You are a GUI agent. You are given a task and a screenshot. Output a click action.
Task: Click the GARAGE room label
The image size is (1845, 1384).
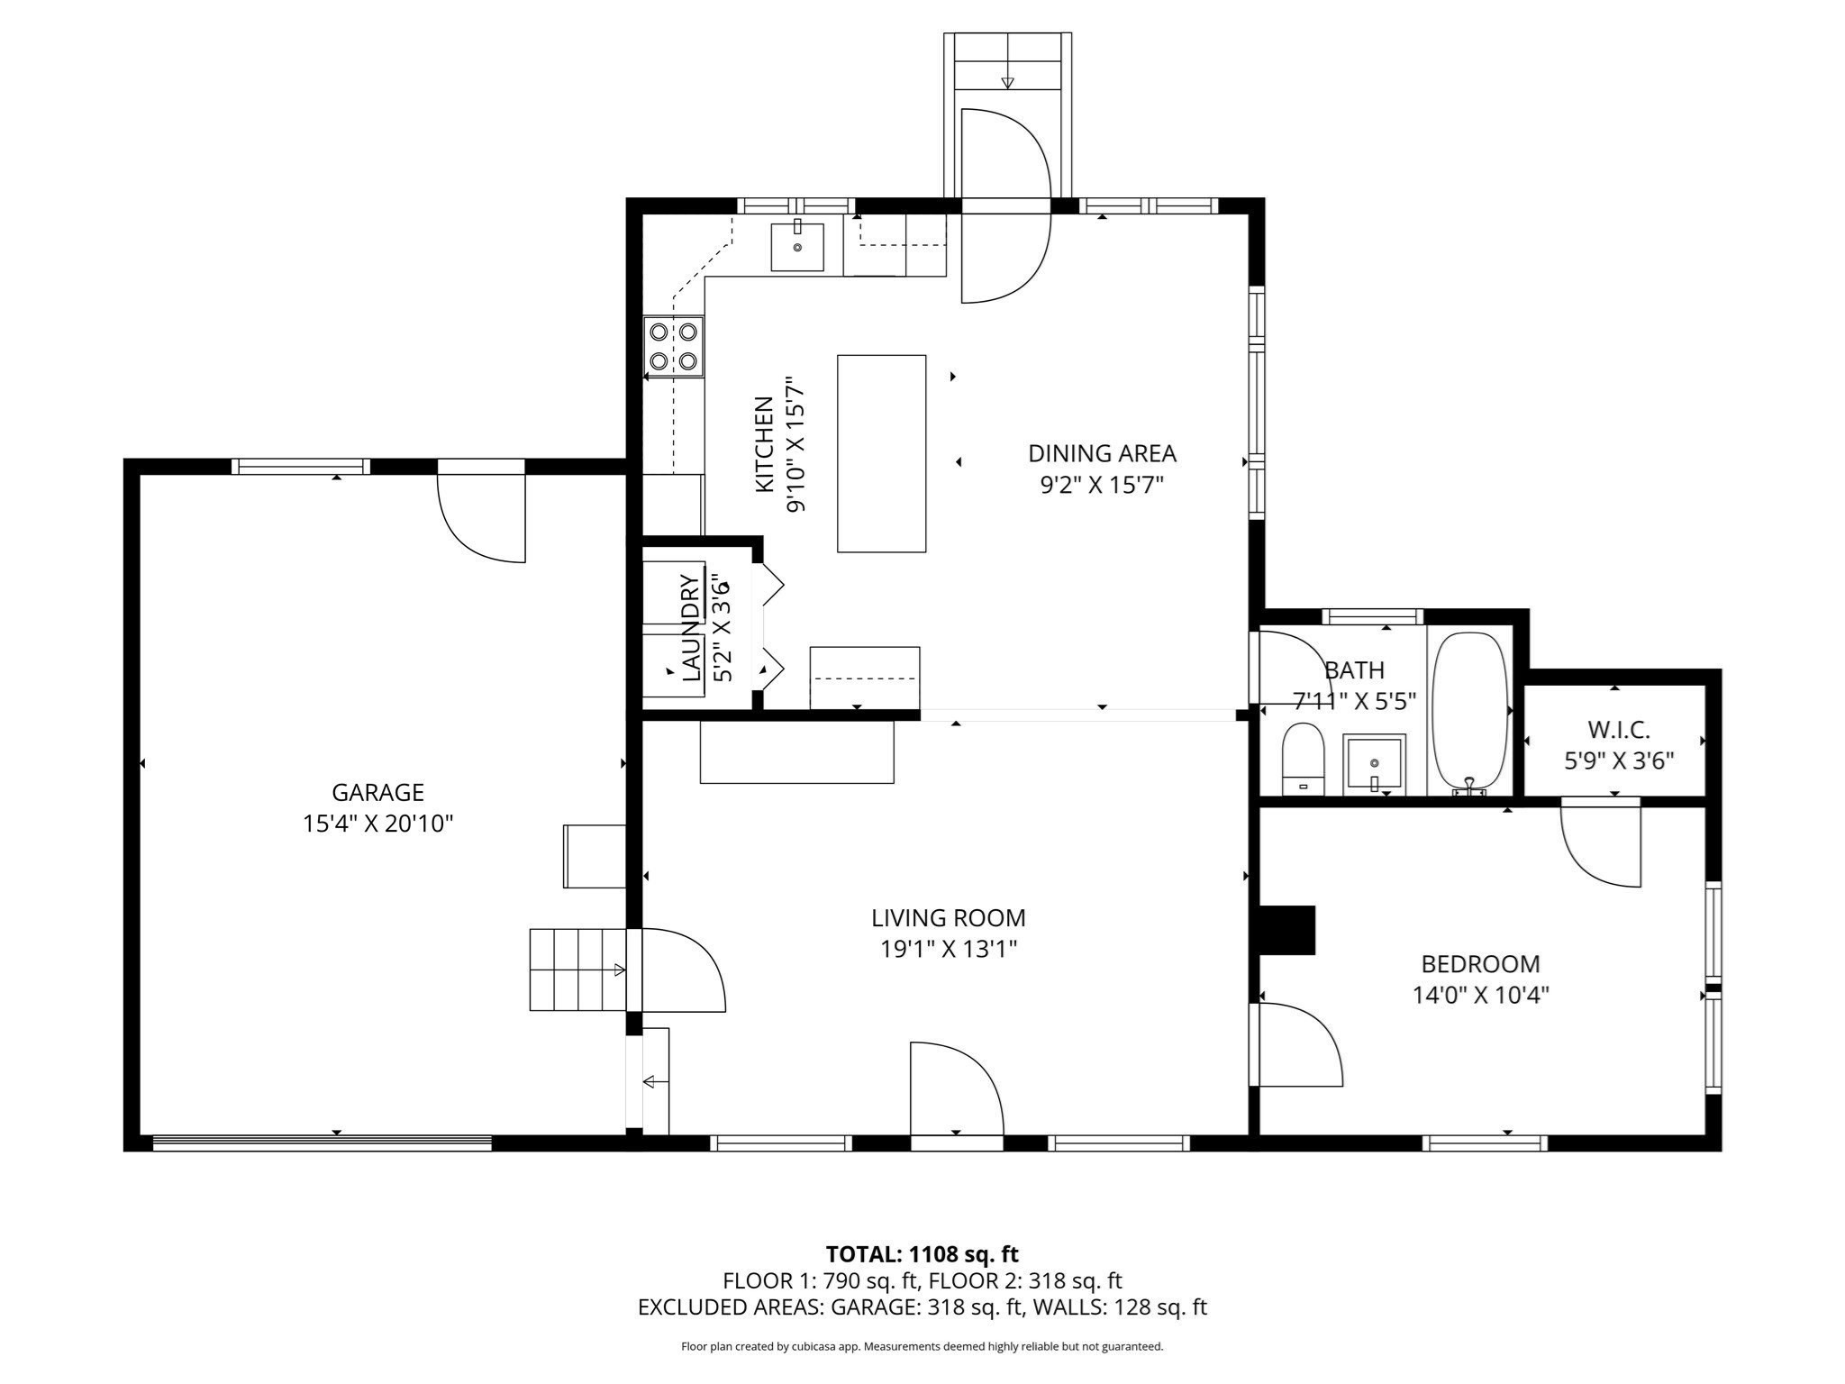click(377, 792)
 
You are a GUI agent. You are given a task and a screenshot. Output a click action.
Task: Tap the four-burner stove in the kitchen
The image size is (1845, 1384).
click(673, 347)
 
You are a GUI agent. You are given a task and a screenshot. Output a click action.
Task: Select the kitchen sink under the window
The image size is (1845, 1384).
click(797, 247)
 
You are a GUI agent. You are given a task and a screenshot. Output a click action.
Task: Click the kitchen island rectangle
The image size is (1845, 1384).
click(881, 453)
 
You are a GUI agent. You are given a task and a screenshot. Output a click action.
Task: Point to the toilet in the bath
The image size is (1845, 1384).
click(1303, 760)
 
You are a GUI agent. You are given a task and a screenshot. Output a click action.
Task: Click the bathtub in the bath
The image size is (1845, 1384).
click(1469, 712)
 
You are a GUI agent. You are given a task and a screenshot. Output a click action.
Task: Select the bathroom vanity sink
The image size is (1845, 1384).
click(1374, 765)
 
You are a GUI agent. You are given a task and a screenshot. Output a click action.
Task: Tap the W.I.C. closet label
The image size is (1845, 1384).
click(1619, 730)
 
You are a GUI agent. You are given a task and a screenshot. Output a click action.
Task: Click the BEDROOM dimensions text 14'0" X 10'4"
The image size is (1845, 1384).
click(1480, 995)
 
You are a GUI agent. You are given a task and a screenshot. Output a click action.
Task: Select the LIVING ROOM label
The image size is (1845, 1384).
click(948, 917)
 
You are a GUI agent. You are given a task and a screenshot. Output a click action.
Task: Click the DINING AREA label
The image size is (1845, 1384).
click(1102, 453)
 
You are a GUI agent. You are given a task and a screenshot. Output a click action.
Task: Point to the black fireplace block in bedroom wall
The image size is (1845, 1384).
click(1286, 930)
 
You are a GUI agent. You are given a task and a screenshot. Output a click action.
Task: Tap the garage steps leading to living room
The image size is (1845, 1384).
click(577, 970)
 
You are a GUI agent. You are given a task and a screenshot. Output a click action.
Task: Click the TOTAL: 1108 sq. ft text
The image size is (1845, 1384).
click(922, 1253)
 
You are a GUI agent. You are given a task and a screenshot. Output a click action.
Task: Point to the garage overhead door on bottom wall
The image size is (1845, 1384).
click(322, 1143)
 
